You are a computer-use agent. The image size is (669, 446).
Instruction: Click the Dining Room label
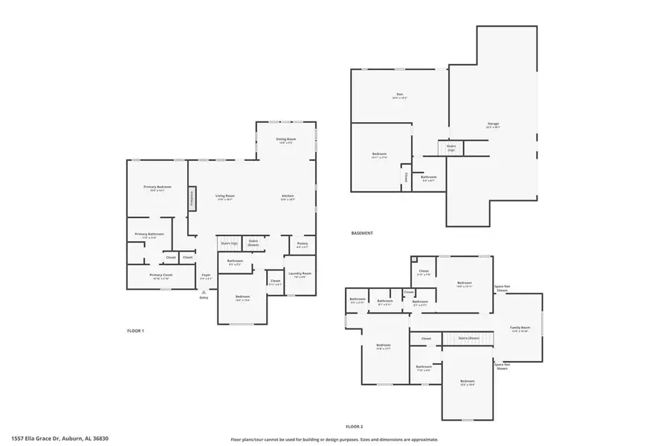(286, 140)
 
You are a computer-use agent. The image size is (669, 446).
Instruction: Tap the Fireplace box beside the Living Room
(192, 198)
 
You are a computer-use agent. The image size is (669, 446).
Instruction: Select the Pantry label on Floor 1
(302, 244)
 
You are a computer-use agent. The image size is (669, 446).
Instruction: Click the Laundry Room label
(300, 274)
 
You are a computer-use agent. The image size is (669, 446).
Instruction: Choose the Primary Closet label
(161, 275)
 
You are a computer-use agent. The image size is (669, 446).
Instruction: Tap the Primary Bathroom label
(149, 235)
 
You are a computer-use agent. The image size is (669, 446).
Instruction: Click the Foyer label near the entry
(206, 275)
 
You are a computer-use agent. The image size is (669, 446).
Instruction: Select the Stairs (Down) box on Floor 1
(253, 243)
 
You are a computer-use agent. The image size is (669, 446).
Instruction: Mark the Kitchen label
(288, 197)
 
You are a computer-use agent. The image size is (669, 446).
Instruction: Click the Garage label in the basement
(493, 124)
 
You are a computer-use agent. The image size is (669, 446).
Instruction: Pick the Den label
(399, 95)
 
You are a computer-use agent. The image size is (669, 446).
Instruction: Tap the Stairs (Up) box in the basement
(450, 148)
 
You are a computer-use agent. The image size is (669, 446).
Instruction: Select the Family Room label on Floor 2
(520, 328)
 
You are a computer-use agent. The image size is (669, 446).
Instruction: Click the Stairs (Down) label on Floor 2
(468, 338)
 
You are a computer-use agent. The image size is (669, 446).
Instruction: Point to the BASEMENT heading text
(362, 233)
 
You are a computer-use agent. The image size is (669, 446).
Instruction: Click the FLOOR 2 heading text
(354, 427)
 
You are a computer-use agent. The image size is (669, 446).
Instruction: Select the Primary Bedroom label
(158, 187)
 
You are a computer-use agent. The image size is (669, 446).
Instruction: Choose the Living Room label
(225, 197)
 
